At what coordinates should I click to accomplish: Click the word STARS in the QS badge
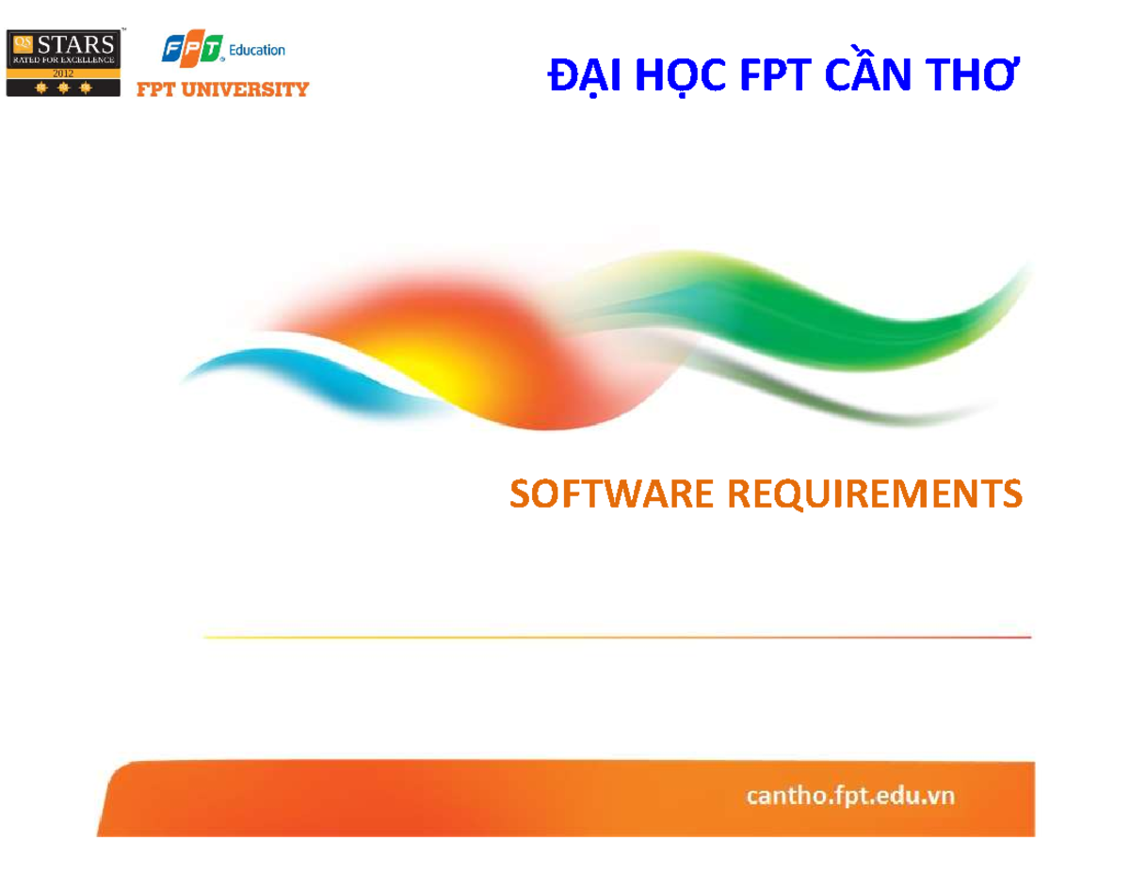[79, 43]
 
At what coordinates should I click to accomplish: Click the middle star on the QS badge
[63, 89]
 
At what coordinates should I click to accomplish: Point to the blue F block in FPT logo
[175, 48]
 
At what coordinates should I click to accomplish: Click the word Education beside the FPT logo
[257, 49]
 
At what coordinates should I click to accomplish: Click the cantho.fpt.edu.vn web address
[850, 796]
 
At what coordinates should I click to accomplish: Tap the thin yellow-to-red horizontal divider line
[617, 638]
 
